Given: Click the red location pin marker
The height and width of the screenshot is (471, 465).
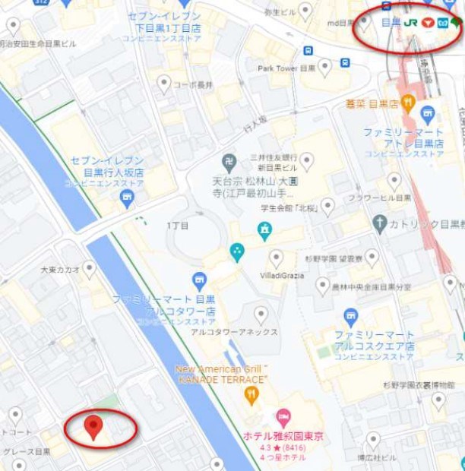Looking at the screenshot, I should tap(93, 426).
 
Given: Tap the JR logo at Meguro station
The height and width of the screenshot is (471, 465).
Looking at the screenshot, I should tap(411, 23).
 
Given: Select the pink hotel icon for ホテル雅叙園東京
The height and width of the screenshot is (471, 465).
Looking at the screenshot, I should tap(283, 416).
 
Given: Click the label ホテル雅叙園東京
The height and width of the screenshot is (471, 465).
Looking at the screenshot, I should tap(283, 436).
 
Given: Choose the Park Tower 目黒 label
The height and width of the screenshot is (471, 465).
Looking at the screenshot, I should tap(286, 68).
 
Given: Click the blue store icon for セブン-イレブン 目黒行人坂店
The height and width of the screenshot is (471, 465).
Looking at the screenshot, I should tap(127, 199).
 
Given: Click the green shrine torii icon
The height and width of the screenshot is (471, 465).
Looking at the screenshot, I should tap(264, 230).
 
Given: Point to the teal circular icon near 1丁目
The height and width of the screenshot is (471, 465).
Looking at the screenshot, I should tap(237, 252).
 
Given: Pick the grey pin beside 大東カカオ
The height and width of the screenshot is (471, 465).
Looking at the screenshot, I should tap(90, 269).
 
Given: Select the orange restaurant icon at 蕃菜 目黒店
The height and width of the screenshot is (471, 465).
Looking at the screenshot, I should tap(408, 102).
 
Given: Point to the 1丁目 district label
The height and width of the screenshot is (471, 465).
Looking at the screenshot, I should tap(177, 226).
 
